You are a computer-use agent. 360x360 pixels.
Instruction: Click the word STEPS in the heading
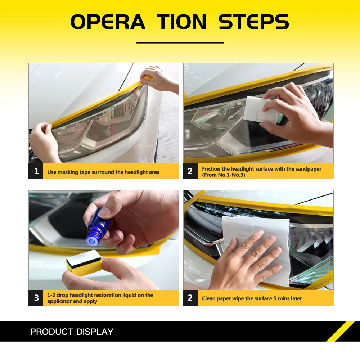point(253,22)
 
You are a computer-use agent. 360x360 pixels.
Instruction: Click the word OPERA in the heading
point(108,22)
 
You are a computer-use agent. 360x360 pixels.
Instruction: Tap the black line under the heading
point(180,43)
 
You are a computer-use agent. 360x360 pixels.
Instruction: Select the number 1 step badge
point(36,171)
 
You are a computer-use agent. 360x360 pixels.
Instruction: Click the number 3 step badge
point(36,298)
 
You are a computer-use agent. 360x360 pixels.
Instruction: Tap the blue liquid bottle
point(98,226)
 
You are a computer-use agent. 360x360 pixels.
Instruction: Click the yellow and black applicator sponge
point(84,263)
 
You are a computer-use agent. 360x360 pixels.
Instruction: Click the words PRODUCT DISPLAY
point(72,332)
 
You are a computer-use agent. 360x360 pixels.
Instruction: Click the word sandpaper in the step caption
point(309,169)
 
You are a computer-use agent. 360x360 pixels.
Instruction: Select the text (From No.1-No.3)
point(224,175)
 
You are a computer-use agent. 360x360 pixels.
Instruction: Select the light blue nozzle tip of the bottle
point(91,240)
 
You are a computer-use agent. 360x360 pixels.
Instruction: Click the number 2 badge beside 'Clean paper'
point(190,298)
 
